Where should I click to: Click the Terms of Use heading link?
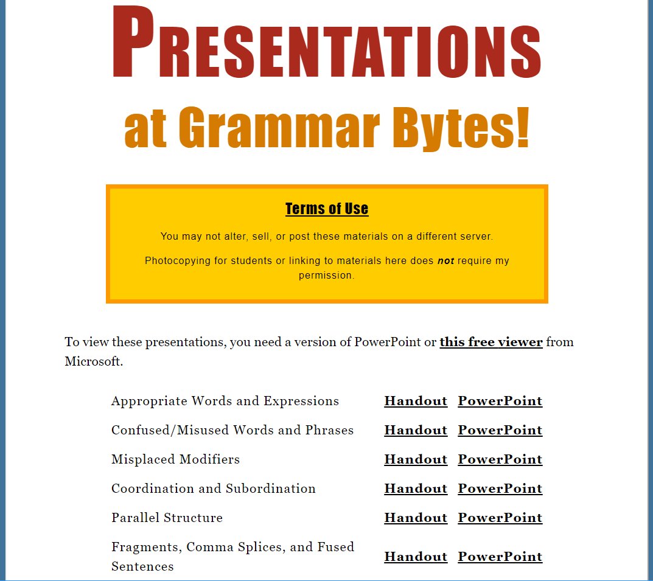[327, 209]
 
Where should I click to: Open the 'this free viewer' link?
[491, 342]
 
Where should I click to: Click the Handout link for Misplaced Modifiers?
[416, 459]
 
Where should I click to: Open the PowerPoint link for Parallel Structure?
[500, 517]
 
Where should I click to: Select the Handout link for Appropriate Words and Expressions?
[416, 401]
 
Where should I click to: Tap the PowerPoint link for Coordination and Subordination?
[500, 488]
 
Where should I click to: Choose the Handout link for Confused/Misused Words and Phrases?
[416, 430]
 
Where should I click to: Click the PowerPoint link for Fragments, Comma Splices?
[500, 557]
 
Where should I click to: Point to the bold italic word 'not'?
[445, 261]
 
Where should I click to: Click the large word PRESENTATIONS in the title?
[327, 42]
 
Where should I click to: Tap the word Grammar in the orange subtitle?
[279, 127]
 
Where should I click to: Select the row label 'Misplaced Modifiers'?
[176, 459]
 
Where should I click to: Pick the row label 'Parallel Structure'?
[167, 517]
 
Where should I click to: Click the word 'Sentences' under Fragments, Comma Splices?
[142, 566]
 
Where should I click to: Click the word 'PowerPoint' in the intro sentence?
[387, 342]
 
